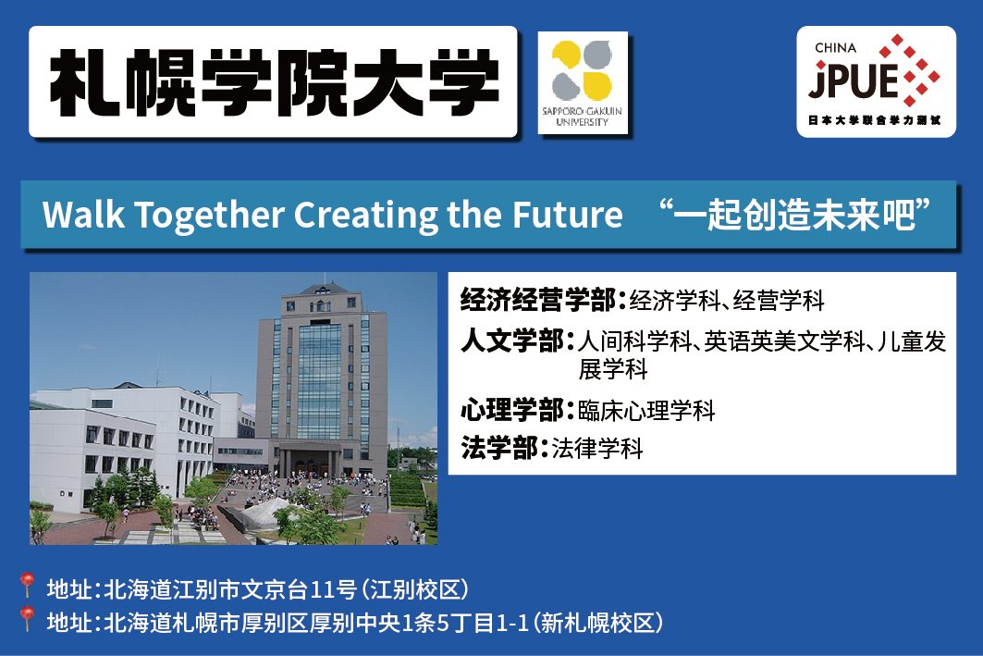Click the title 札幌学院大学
pyautogui.click(x=274, y=82)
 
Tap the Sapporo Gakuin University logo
pyautogui.click(x=583, y=82)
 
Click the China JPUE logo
pyautogui.click(x=876, y=81)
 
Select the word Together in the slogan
pyautogui.click(x=209, y=216)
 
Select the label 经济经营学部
pyautogui.click(x=538, y=300)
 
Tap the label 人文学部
pyautogui.click(x=512, y=340)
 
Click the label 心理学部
pyautogui.click(x=512, y=410)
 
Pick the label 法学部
pyautogui.click(x=499, y=448)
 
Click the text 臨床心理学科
pyautogui.click(x=646, y=411)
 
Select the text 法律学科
pyautogui.click(x=597, y=449)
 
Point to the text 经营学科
pyautogui.click(x=779, y=301)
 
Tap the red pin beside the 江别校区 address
pyautogui.click(x=26, y=585)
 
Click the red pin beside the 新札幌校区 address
pyautogui.click(x=26, y=618)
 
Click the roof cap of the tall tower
pyautogui.click(x=324, y=289)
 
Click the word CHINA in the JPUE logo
pyautogui.click(x=835, y=48)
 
